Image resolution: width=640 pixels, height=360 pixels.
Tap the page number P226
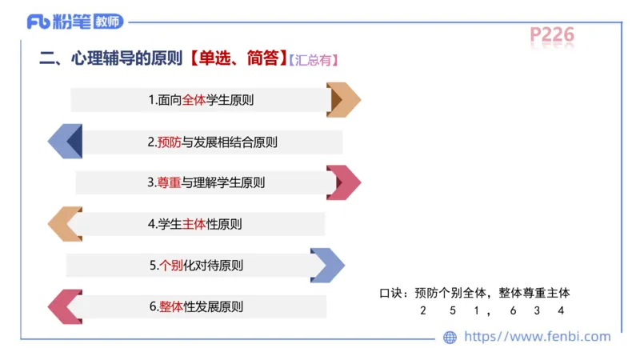tap(552, 34)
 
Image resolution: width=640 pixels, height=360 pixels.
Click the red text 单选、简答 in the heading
tap(238, 58)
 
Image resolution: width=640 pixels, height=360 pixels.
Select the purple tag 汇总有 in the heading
tap(313, 60)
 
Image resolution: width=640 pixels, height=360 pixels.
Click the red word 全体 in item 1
tap(194, 100)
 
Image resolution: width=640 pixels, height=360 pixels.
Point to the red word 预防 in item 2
tap(170, 142)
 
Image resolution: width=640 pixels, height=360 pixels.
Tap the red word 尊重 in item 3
tap(169, 182)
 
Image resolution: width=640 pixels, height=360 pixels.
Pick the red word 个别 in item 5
tap(171, 266)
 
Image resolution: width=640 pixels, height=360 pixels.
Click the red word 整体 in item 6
tap(171, 306)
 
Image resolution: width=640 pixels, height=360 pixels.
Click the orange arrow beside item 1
tap(343, 100)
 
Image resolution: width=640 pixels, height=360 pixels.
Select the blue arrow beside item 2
tap(66, 142)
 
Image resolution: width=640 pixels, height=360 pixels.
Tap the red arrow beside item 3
tap(343, 182)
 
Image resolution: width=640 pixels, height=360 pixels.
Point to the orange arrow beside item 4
tap(66, 224)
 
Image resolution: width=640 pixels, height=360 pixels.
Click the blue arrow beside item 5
tap(327, 266)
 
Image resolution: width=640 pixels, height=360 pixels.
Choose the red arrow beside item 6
tap(66, 306)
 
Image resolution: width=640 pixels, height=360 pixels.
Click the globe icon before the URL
tap(450, 338)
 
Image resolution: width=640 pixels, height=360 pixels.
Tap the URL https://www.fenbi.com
tap(537, 337)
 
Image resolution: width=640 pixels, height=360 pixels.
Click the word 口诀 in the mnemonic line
tap(391, 294)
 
